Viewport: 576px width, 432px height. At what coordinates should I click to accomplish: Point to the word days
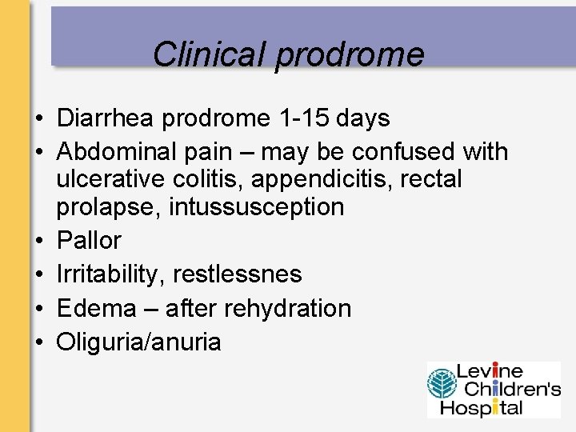pyautogui.click(x=362, y=118)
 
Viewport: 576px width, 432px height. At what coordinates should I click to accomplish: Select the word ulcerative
pyautogui.click(x=110, y=179)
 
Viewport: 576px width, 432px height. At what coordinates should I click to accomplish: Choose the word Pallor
pyautogui.click(x=89, y=240)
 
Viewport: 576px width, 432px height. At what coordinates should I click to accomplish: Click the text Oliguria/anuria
pyautogui.click(x=138, y=342)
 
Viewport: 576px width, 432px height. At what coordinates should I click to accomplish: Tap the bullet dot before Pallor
pyautogui.click(x=38, y=241)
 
